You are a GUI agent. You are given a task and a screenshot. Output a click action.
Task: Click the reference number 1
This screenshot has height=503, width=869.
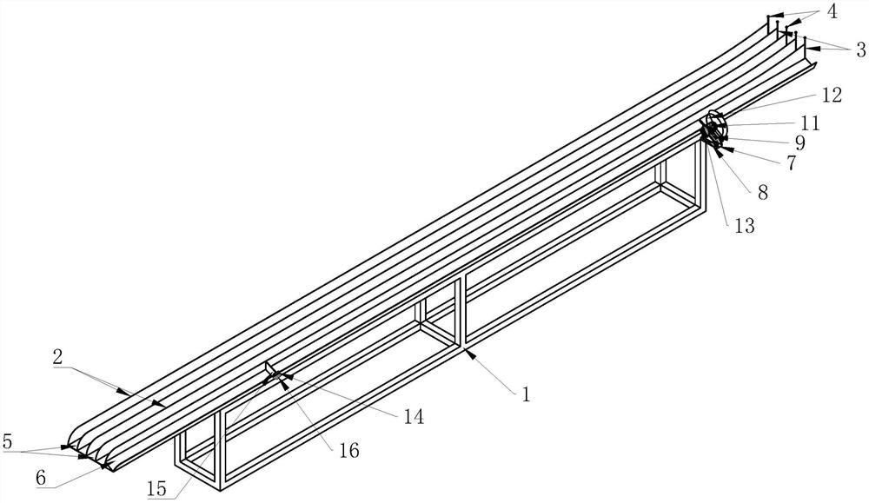tap(525, 394)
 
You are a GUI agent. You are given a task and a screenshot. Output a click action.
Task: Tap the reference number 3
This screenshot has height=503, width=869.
tap(859, 51)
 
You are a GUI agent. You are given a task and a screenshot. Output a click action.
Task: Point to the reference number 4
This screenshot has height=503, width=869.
tap(832, 12)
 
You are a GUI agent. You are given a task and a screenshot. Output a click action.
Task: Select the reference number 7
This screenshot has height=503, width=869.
tap(791, 162)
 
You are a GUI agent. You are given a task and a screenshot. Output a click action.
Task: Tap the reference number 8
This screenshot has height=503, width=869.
tap(762, 193)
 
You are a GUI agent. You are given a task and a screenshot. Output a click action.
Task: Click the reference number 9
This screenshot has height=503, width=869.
tap(799, 142)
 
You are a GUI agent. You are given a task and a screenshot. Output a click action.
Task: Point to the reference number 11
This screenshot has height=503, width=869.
tap(811, 123)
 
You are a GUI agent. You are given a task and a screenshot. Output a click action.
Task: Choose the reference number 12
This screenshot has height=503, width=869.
tap(832, 96)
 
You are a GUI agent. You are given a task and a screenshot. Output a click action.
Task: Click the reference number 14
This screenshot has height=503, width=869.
tap(414, 417)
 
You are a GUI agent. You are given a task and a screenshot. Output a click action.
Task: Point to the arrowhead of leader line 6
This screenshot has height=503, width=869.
tap(103, 467)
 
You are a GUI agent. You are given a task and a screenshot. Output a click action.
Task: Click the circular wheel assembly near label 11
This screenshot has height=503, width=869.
tap(713, 129)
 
